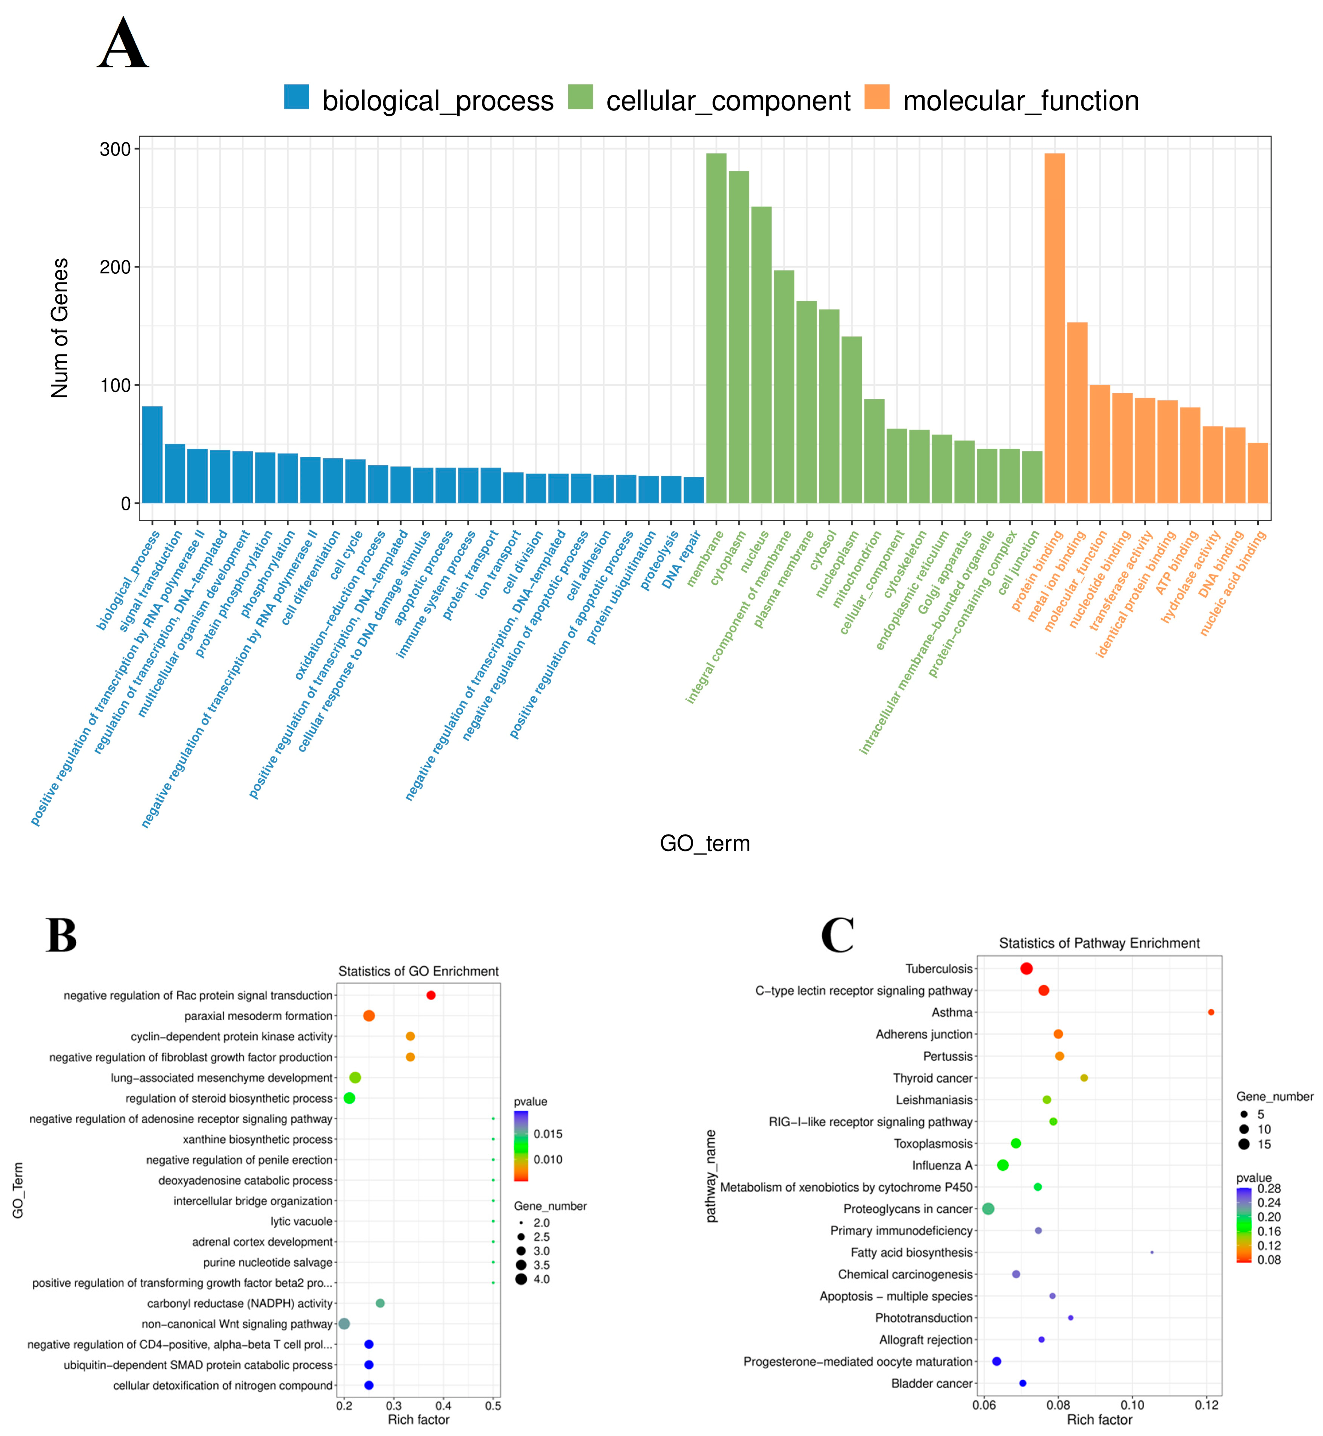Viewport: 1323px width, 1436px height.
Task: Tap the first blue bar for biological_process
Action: [153, 455]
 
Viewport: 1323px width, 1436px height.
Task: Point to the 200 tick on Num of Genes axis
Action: [114, 267]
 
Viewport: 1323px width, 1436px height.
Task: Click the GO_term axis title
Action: [705, 843]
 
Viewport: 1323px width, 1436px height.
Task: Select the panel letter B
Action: [62, 936]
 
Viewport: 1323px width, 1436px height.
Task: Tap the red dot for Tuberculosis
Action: [1026, 968]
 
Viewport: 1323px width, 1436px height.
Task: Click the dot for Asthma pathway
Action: [1211, 1012]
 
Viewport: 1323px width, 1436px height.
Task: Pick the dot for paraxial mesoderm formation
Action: [369, 1016]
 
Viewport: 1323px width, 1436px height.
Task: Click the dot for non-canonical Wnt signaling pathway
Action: [344, 1324]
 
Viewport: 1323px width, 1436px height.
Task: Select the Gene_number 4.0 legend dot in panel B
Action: [520, 1279]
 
